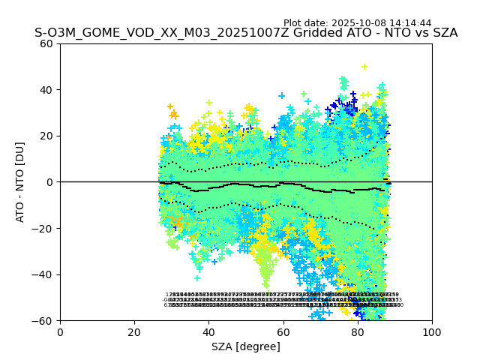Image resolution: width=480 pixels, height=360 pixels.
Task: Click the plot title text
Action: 246,33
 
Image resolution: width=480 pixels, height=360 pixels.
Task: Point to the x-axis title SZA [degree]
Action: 246,346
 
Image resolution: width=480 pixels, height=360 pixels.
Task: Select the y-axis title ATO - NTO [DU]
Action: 20,182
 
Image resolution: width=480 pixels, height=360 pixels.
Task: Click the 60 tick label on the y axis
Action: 46,43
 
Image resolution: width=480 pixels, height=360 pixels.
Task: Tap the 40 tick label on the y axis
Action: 46,90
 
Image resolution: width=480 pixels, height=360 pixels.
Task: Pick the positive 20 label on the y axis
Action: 46,136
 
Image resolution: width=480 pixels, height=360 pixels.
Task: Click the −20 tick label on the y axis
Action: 43,229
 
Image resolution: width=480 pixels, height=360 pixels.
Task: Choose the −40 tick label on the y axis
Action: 43,274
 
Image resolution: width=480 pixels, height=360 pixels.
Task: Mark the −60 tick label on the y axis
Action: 43,321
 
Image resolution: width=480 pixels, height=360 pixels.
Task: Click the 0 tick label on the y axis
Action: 49,182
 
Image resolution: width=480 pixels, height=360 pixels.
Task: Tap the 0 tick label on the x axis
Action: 60,331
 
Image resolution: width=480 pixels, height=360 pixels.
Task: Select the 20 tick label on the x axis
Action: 134,331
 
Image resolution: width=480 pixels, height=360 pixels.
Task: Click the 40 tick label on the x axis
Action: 208,331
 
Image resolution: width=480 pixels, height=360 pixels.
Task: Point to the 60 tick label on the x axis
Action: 283,331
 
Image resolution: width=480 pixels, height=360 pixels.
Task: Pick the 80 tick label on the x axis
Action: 358,331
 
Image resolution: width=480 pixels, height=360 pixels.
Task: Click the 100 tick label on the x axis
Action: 432,331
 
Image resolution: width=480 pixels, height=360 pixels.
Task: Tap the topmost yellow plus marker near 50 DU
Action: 364,67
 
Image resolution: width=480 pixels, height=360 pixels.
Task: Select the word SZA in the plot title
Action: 444,33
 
